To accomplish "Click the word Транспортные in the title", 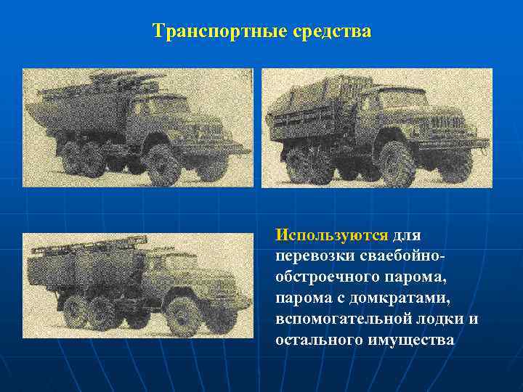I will click(x=205, y=32).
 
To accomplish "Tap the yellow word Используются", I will click(x=332, y=236).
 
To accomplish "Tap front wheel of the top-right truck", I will click(x=397, y=166).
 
